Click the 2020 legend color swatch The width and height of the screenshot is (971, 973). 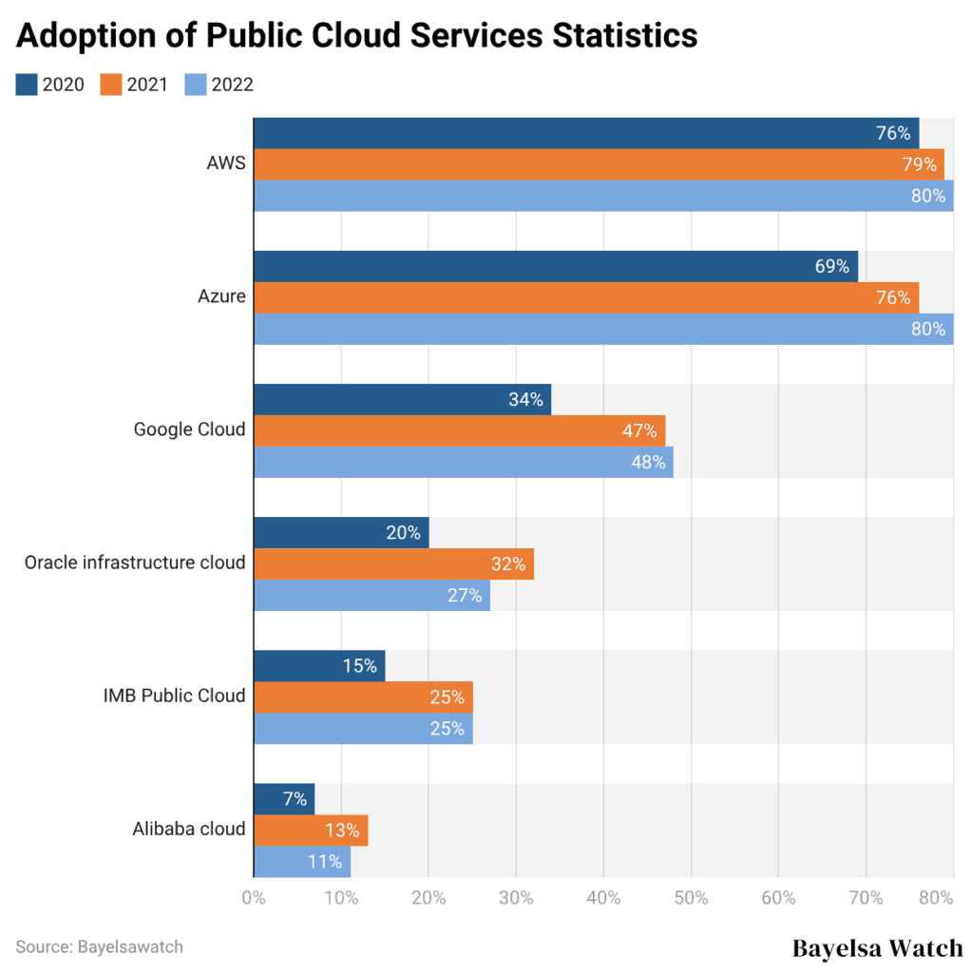pyautogui.click(x=27, y=85)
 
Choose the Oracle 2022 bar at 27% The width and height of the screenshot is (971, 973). pyautogui.click(x=371, y=596)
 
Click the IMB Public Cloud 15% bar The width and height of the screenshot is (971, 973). pyautogui.click(x=318, y=665)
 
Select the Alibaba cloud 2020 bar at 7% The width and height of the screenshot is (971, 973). pyautogui.click(x=283, y=798)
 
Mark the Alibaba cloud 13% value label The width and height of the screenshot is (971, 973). pyautogui.click(x=342, y=830)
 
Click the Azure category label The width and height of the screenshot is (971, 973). pyautogui.click(x=221, y=296)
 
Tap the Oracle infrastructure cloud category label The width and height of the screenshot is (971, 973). pyautogui.click(x=135, y=563)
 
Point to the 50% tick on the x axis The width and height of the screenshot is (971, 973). pyautogui.click(x=691, y=898)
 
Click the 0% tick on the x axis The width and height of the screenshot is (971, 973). pyautogui.click(x=253, y=898)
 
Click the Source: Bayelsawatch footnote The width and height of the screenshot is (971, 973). pyautogui.click(x=99, y=946)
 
